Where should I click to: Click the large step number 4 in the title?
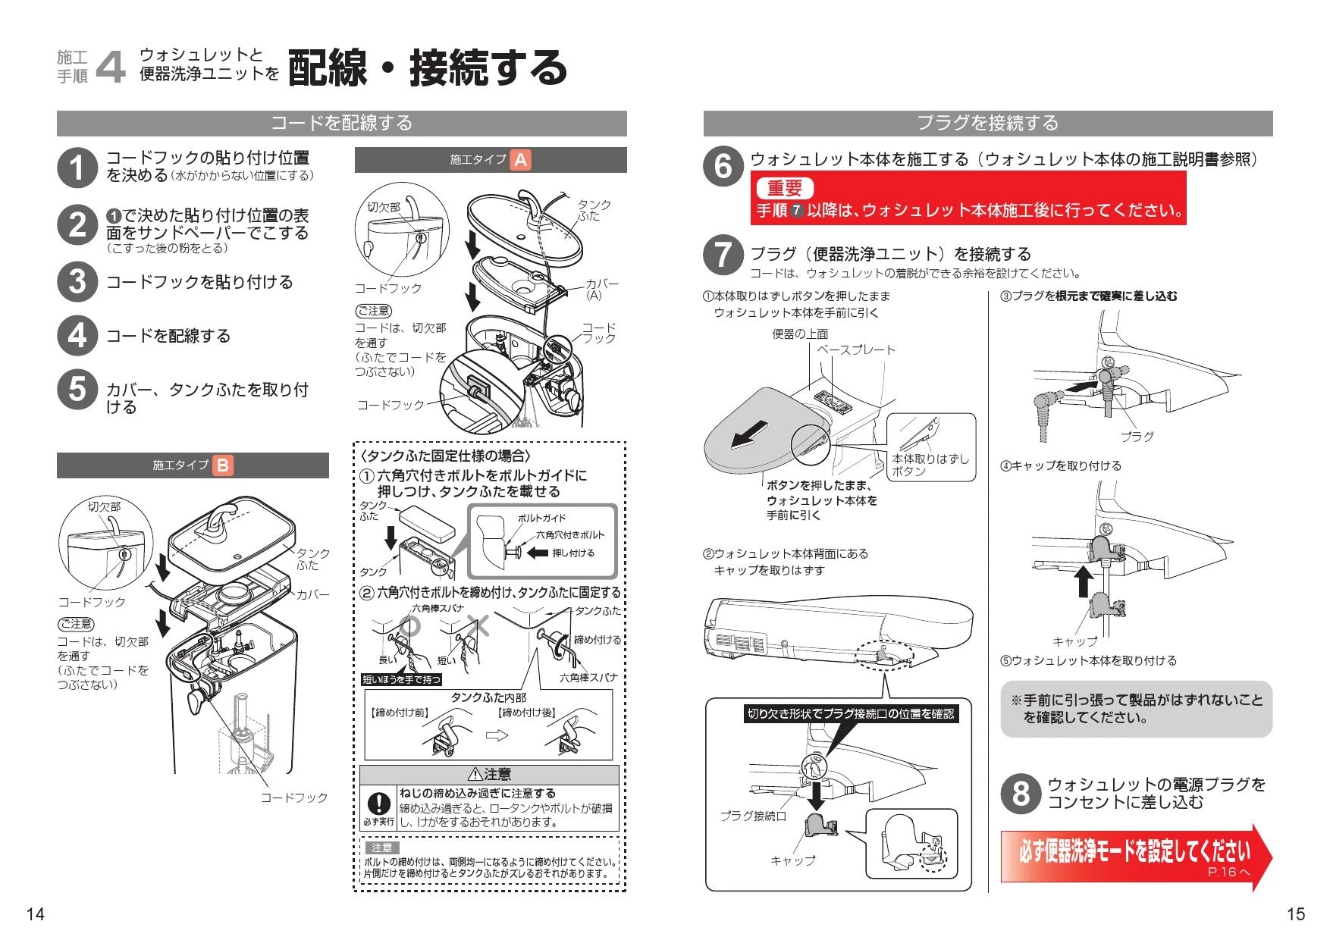coord(111,67)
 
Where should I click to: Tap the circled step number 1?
coord(77,168)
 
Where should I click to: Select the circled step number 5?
coord(77,390)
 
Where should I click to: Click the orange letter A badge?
coord(520,160)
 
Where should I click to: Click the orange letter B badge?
coord(222,465)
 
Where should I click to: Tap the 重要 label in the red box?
coord(784,188)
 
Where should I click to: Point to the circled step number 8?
coord(1021,793)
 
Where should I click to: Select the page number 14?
coord(35,914)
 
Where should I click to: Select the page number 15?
coord(1296,914)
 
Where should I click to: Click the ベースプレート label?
coord(856,350)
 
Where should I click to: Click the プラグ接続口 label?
coord(753,816)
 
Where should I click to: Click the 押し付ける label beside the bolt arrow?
coord(573,553)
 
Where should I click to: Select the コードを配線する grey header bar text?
coord(341,123)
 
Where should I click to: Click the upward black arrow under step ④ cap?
coord(1084,581)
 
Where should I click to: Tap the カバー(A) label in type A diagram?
coord(601,289)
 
